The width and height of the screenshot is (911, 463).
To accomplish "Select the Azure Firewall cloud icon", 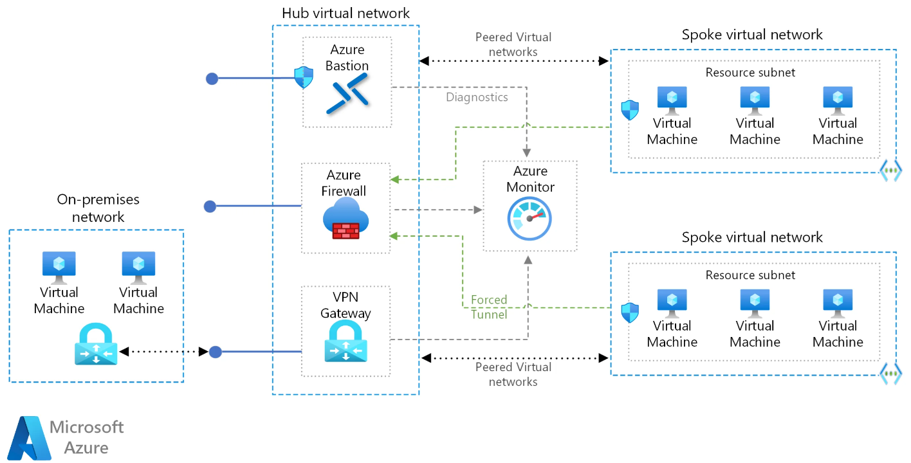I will coord(346,218).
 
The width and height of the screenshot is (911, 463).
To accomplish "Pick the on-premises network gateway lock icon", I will coord(96,345).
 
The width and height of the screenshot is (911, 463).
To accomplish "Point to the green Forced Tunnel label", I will coord(489,307).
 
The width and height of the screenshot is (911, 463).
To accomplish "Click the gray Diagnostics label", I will coord(477,97).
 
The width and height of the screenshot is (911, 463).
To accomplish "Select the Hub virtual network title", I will coord(345,13).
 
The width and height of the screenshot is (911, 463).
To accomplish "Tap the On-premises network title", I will coord(98,208).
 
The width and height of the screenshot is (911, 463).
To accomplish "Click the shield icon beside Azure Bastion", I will coord(303,78).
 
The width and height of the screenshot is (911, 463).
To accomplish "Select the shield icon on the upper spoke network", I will coord(630,110).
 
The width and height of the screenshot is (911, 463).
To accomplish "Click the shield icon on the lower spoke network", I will coord(630,313).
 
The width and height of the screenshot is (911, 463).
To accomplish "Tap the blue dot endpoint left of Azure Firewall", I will coord(210,206).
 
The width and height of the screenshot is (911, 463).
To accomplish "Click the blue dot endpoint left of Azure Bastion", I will coord(212,78).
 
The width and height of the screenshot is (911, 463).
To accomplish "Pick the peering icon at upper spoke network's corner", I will coord(891,172).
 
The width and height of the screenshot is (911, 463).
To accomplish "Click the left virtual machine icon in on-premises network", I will coord(59,267).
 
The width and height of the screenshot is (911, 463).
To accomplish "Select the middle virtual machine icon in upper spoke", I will coord(755,100).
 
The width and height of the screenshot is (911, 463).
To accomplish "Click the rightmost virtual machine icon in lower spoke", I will coord(838,303).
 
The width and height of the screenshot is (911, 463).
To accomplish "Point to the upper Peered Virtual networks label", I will coord(513,44).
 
